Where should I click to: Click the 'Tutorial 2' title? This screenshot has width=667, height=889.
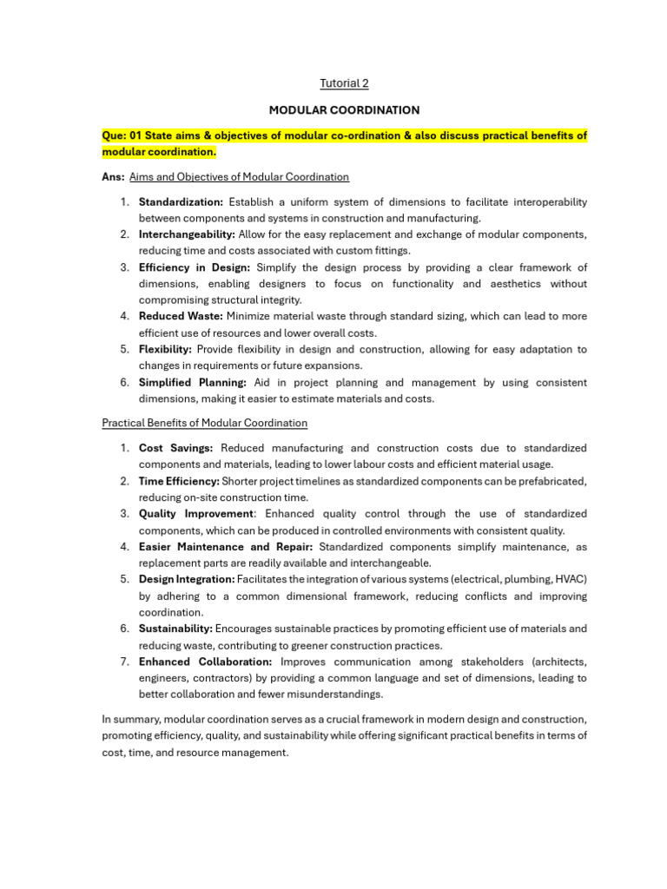(x=345, y=83)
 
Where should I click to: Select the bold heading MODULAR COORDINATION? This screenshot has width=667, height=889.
(x=344, y=110)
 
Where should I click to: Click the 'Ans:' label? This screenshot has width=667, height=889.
(x=113, y=177)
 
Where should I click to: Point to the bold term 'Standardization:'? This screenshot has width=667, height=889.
(x=181, y=201)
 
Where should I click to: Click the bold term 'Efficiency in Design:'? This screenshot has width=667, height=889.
(x=195, y=267)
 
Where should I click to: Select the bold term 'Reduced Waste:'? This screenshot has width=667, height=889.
(x=181, y=317)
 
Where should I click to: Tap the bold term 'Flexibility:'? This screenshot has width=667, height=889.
(x=165, y=349)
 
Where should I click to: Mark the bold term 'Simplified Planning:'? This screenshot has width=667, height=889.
(x=193, y=382)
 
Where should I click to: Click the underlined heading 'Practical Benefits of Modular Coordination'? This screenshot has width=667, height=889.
(x=204, y=423)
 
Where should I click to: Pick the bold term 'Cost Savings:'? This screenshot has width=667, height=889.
(x=175, y=448)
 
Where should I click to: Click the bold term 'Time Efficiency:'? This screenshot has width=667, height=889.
(x=179, y=481)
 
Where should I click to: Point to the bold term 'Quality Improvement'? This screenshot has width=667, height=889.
(x=196, y=514)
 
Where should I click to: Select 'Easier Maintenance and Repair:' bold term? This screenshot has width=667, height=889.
(x=227, y=547)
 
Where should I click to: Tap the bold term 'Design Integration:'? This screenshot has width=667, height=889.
(x=187, y=579)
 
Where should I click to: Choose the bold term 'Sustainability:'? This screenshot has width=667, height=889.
(x=175, y=629)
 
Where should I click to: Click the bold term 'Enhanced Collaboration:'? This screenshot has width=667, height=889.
(x=205, y=662)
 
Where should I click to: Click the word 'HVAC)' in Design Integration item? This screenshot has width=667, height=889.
(x=568, y=579)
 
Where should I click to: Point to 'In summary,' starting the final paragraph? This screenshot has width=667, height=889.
(x=130, y=720)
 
